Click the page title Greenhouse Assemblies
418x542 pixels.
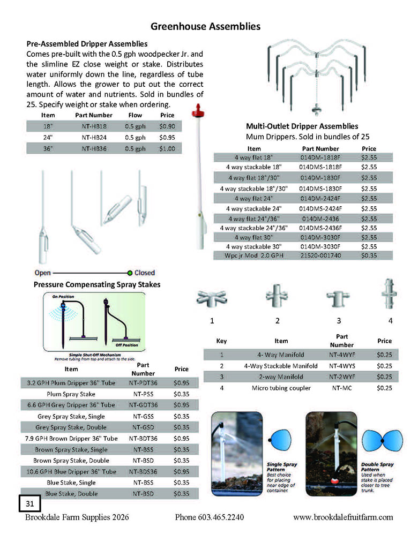[205, 26]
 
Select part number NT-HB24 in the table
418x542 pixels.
[94, 137]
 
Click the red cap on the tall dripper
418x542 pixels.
[196, 113]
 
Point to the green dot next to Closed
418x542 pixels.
[130, 273]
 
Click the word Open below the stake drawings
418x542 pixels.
[42, 273]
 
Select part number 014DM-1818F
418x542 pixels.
[320, 157]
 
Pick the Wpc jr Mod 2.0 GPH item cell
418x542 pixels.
[254, 255]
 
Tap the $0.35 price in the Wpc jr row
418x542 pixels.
[369, 255]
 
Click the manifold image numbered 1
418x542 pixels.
[212, 298]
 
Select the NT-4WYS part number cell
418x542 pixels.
[341, 366]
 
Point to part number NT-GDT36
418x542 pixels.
[143, 405]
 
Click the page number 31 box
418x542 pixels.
[29, 503]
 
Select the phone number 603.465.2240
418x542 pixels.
[210, 517]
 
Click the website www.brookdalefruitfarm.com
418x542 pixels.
[343, 517]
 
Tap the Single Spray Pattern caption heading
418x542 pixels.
[281, 467]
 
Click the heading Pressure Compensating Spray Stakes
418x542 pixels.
[97, 284]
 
